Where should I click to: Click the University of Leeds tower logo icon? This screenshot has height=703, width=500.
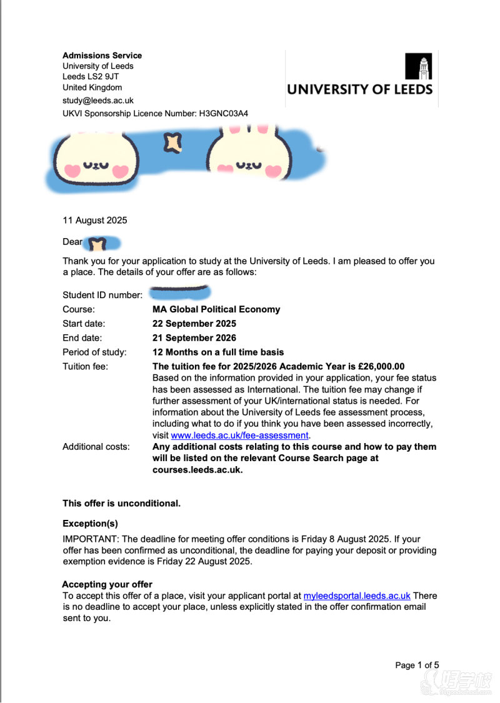point(418,66)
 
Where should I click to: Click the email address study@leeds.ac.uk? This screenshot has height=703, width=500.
point(98,100)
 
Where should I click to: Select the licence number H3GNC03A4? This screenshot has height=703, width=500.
point(224,114)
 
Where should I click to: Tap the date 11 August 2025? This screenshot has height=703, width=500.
point(94,220)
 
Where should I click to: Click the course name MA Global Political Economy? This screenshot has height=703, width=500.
point(216,309)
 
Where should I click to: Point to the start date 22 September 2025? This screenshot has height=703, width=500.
point(194,324)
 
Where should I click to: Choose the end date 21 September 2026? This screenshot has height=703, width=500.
point(194,338)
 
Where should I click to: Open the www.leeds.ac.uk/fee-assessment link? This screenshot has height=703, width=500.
point(239,436)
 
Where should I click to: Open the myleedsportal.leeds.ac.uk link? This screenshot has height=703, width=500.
point(357,596)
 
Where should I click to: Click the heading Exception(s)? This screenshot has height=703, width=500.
point(90,524)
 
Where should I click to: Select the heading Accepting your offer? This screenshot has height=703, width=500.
point(107,585)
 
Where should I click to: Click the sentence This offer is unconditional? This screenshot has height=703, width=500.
point(121,503)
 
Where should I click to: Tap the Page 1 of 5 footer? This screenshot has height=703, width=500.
point(417,666)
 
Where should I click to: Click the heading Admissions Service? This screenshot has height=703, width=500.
point(102,56)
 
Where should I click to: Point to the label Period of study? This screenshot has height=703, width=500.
point(94,352)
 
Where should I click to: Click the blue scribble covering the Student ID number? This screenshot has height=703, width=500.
point(180,291)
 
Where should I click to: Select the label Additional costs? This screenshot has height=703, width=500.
point(96,447)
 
